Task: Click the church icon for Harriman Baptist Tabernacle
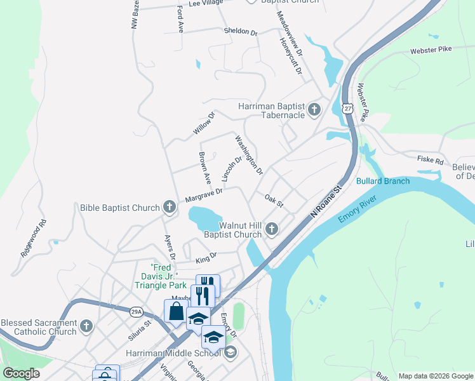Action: click(x=314, y=110)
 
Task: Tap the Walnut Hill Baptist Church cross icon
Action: click(x=272, y=229)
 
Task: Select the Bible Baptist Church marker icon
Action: click(x=169, y=207)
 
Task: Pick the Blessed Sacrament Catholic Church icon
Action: click(x=86, y=327)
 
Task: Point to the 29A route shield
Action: click(x=137, y=311)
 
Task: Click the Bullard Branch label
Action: click(x=383, y=181)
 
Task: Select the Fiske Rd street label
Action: click(x=430, y=161)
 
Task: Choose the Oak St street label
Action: click(x=274, y=201)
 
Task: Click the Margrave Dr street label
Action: click(x=204, y=195)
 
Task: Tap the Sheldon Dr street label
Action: click(x=240, y=31)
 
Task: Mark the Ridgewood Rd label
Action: click(x=34, y=238)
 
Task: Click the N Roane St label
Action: click(x=326, y=202)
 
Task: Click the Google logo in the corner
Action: click(x=21, y=373)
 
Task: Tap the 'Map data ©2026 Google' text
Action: click(x=436, y=376)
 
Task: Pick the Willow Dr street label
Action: click(x=204, y=123)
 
